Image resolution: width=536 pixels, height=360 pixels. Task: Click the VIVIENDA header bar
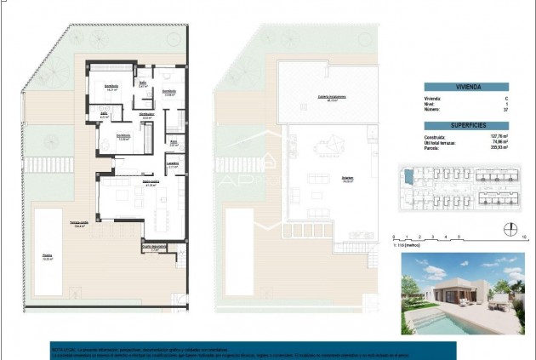[465, 87]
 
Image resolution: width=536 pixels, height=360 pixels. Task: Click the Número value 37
[505, 110]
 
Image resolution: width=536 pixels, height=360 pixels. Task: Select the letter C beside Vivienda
[505, 99]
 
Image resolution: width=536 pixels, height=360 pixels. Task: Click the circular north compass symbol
[510, 228]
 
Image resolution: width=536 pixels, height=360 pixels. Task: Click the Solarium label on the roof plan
[324, 180]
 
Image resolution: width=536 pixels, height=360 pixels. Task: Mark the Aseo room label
[173, 142]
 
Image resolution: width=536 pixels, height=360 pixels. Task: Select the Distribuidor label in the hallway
[146, 115]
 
